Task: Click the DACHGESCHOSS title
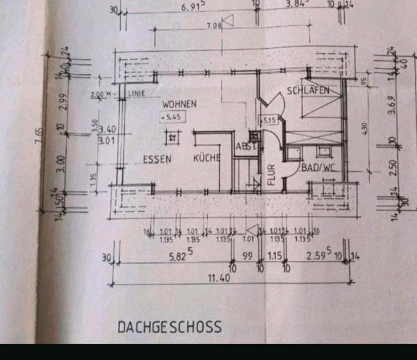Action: point(170,327)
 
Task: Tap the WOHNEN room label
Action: point(179,105)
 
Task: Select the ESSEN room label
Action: point(157,159)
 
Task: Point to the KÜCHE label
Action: point(206,158)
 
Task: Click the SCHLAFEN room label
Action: point(308,91)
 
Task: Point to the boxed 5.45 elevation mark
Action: point(174,117)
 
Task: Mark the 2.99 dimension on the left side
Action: point(64,100)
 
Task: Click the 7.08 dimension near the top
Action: point(214,25)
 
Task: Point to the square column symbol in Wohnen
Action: point(172,138)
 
